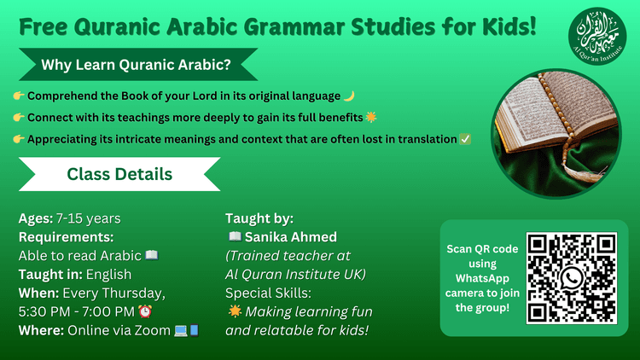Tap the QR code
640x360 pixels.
tap(571, 277)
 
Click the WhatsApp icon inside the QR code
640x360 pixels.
tap(571, 278)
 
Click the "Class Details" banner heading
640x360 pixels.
tap(119, 175)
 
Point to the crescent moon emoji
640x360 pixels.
tap(348, 96)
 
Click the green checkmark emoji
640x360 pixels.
tap(465, 138)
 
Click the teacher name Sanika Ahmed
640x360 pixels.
tap(291, 236)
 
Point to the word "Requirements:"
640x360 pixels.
tap(66, 236)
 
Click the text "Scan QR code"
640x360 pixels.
tap(482, 249)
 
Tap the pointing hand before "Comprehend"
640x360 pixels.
tap(19, 96)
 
